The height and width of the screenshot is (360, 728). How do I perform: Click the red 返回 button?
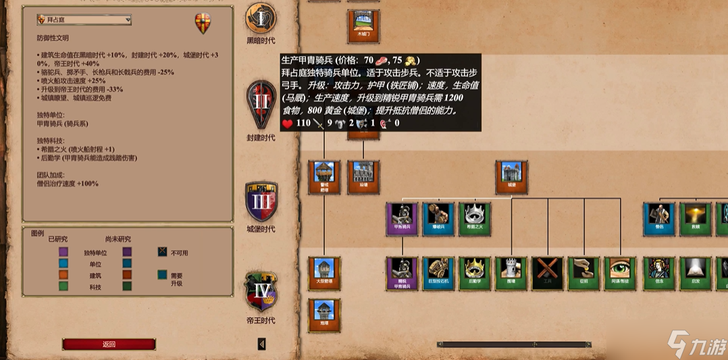109,344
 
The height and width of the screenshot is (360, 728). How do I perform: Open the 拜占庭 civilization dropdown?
84,20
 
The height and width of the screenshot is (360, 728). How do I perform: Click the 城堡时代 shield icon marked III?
261,200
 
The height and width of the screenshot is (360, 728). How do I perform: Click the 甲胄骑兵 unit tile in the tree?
402,219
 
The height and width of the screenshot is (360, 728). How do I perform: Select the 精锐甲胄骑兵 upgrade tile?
402,272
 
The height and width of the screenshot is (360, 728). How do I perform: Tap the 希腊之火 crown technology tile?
475,219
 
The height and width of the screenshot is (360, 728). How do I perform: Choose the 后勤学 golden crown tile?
475,272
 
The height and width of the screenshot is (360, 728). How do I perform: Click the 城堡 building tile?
511,176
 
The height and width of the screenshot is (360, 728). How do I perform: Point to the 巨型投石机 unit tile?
438,272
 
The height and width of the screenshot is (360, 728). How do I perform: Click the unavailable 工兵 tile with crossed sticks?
548,272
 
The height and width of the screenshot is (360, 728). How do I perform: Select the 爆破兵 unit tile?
438,219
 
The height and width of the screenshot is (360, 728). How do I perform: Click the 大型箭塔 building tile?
325,272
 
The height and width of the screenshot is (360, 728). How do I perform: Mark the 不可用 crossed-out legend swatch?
162,252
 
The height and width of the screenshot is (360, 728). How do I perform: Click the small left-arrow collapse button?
262,344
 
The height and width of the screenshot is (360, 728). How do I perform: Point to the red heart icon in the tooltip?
287,123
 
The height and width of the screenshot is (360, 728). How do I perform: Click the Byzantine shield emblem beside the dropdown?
203,23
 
